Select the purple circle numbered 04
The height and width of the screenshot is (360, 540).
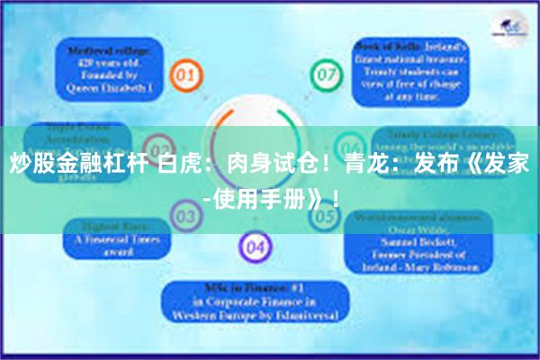(x=255, y=245)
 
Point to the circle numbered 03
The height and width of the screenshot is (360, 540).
(x=184, y=216)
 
